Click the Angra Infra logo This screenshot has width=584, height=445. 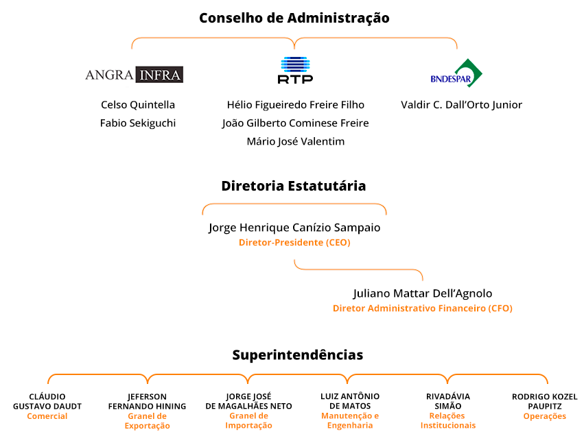tap(134, 75)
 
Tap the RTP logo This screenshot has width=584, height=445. tap(295, 70)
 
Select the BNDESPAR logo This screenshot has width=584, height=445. tap(456, 73)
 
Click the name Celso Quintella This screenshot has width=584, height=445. tap(138, 105)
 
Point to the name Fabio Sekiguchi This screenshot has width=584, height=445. tap(138, 123)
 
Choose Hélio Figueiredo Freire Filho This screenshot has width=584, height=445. tap(295, 105)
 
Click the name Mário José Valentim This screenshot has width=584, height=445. tap(295, 141)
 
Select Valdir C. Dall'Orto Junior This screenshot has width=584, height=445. tap(461, 105)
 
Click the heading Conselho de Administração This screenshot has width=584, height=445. tap(294, 19)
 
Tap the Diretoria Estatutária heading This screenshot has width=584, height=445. tap(294, 186)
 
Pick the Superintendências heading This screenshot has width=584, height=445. tap(298, 355)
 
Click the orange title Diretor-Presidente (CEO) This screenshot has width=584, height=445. tap(294, 243)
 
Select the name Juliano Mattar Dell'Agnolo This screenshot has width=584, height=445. tap(423, 293)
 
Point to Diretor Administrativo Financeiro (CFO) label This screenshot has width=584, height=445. tap(423, 309)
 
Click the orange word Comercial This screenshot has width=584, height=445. tap(47, 416)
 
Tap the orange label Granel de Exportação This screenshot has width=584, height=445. tap(147, 421)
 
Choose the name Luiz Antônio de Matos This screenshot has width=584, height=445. tap(350, 401)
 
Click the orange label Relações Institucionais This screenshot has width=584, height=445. tap(448, 421)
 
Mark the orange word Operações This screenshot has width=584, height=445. tap(544, 416)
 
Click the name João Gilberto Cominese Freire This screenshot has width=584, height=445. tap(295, 123)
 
